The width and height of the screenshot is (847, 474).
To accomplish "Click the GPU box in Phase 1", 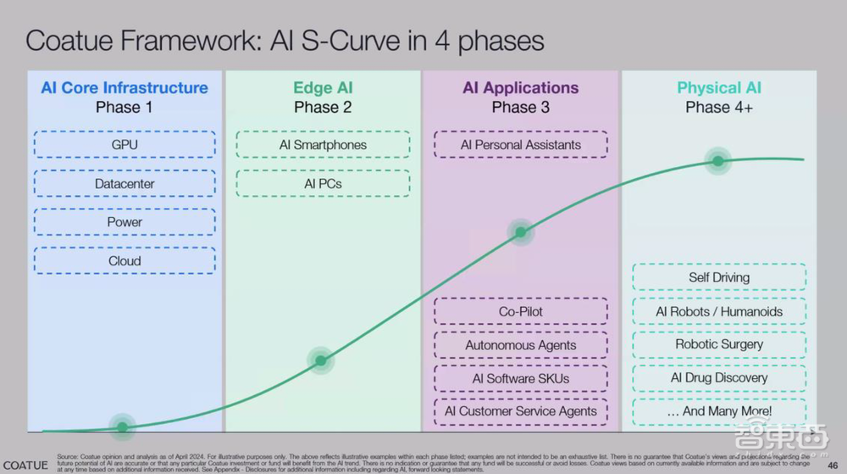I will pos(125,144).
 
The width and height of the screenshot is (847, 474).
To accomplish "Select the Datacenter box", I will pos(125,183).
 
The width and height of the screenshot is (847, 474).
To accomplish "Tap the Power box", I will pos(125,222).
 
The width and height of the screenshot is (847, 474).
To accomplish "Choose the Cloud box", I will pos(125,261).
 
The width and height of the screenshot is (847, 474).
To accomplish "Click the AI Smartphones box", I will pos(323,144).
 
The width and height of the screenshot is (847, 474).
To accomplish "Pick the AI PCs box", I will pos(323,183).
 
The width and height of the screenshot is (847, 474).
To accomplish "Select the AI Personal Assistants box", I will pos(521,144).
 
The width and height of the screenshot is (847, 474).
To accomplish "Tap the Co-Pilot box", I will pos(521,311).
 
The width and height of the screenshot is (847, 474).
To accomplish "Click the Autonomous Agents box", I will pos(521,345).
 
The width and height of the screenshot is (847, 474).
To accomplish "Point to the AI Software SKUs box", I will pos(521,378).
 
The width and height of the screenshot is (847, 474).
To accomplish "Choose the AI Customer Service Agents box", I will pos(521,411).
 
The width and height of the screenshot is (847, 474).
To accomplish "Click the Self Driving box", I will pos(719,277).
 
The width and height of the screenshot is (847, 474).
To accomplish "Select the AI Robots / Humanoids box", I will pos(719,311).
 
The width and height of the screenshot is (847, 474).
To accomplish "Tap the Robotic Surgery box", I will pos(719,344).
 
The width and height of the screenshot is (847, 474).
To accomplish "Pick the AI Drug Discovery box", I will pos(719,377).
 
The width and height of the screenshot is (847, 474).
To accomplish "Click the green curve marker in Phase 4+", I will pos(718,161).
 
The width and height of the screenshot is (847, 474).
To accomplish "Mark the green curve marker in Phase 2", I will pos(320,360).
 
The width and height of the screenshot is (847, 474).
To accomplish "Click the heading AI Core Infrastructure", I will pos(125,87).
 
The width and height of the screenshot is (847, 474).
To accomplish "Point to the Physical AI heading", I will pos(719,87).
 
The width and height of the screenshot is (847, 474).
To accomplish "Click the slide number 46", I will pos(832,464).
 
